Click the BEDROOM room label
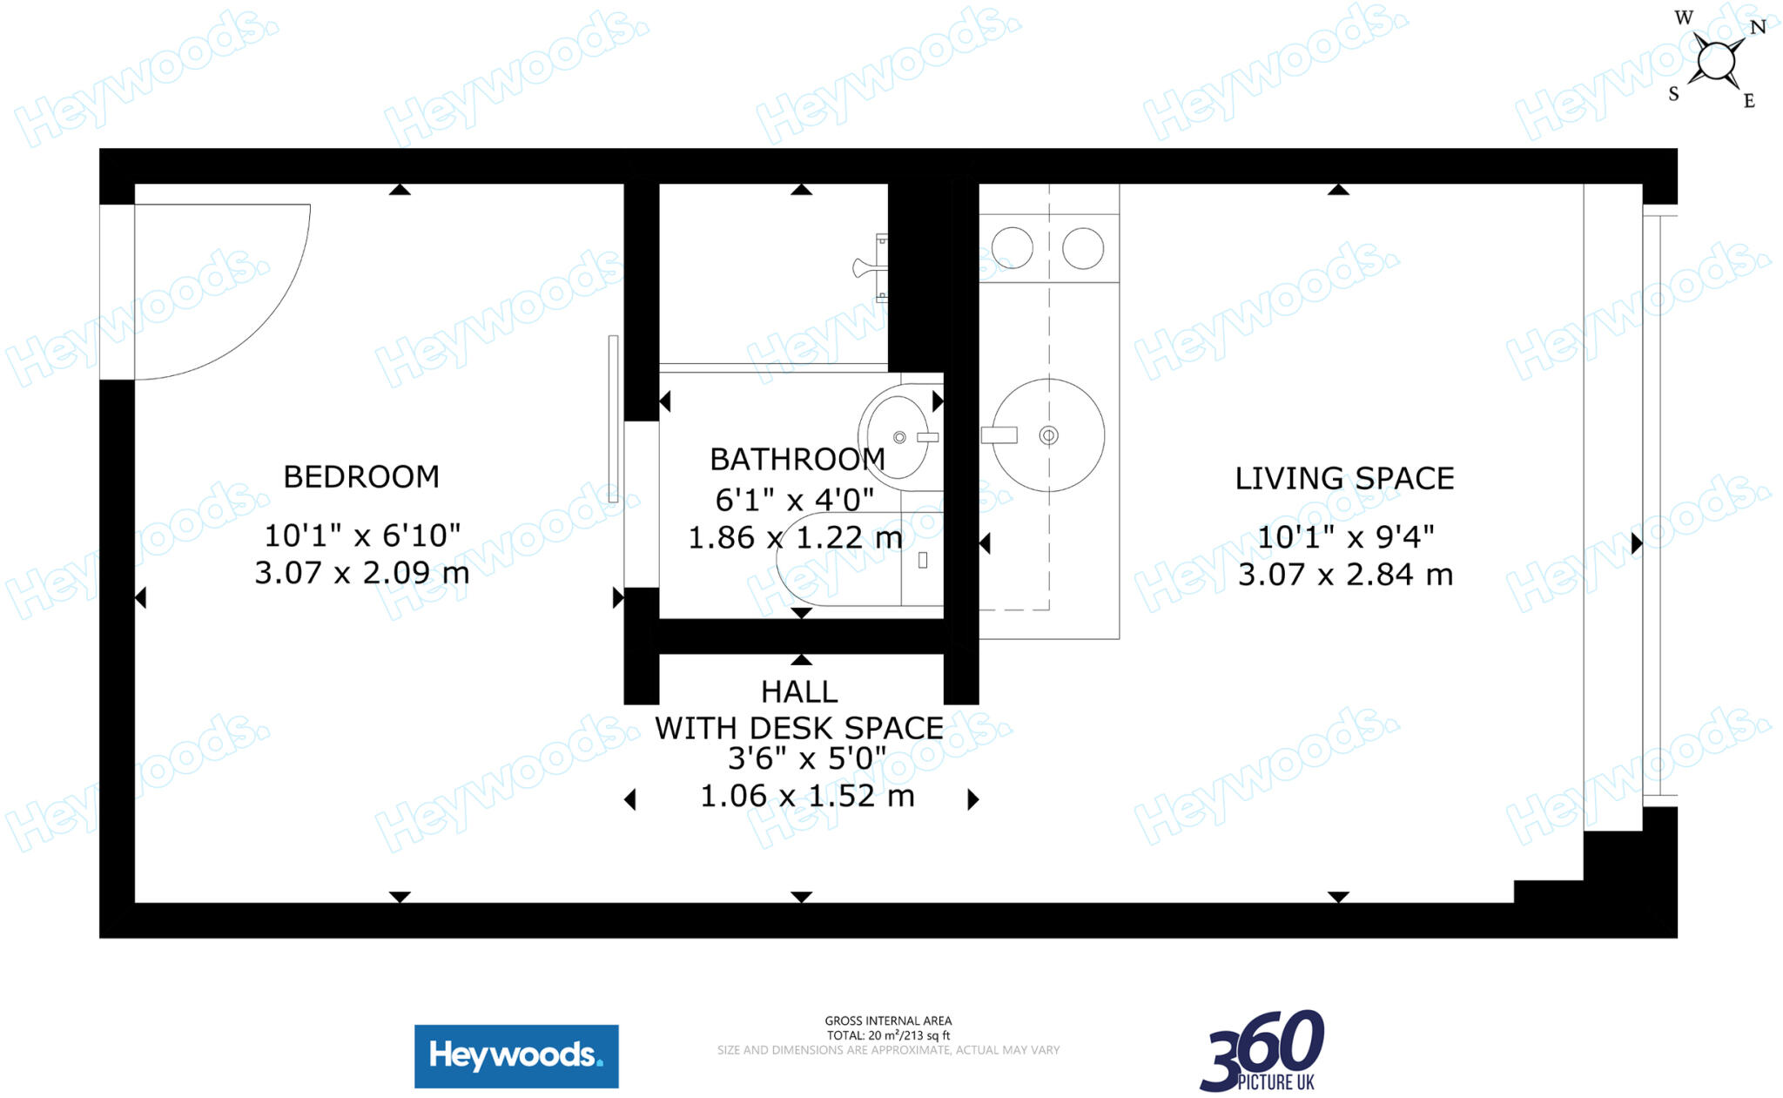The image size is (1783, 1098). pyautogui.click(x=361, y=477)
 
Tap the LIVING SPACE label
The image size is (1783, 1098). pyautogui.click(x=1344, y=479)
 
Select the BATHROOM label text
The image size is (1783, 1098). pyautogui.click(x=797, y=459)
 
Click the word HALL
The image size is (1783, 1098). pyautogui.click(x=799, y=692)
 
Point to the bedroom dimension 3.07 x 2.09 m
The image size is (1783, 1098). pyautogui.click(x=361, y=573)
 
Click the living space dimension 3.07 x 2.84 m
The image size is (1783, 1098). pyautogui.click(x=1345, y=575)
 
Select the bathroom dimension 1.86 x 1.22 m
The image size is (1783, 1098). pyautogui.click(x=795, y=538)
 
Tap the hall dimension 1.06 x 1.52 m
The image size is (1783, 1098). pyautogui.click(x=807, y=796)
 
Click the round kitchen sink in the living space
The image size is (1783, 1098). pyautogui.click(x=1048, y=434)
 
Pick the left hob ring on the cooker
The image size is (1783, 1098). pyautogui.click(x=1012, y=248)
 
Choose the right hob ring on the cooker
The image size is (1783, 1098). pyautogui.click(x=1083, y=248)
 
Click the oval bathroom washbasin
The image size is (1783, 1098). pyautogui.click(x=897, y=436)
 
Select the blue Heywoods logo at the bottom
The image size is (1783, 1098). pyautogui.click(x=516, y=1056)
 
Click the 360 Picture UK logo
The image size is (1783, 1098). pyautogui.click(x=1262, y=1051)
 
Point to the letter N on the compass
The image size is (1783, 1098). pyautogui.click(x=1758, y=27)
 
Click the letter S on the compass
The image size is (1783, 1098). pyautogui.click(x=1673, y=94)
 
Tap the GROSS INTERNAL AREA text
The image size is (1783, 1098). pyautogui.click(x=888, y=1021)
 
